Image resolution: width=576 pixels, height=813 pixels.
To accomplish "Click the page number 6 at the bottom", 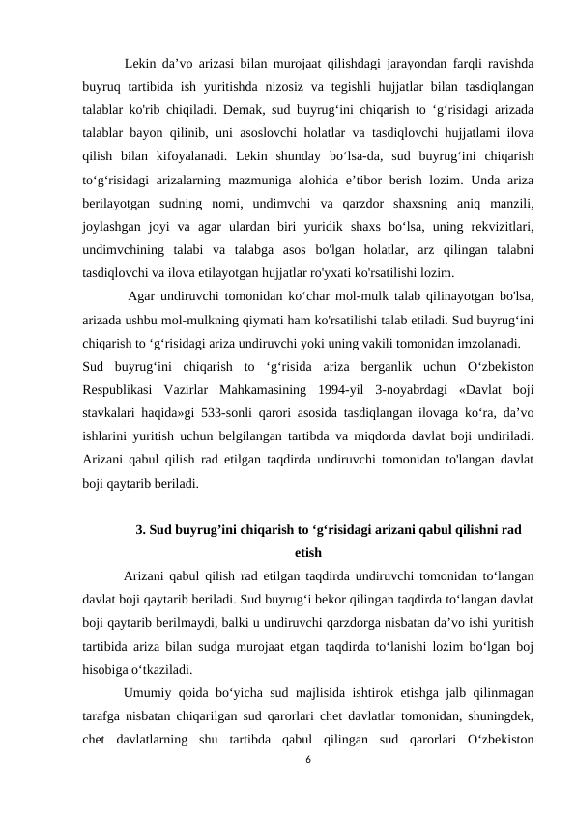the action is click(x=307, y=760).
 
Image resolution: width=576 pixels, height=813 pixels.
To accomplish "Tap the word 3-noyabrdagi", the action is click(x=404, y=388).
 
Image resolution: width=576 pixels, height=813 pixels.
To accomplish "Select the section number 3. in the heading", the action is click(x=142, y=528).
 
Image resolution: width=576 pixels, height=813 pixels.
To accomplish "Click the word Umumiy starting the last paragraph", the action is click(x=150, y=692).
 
